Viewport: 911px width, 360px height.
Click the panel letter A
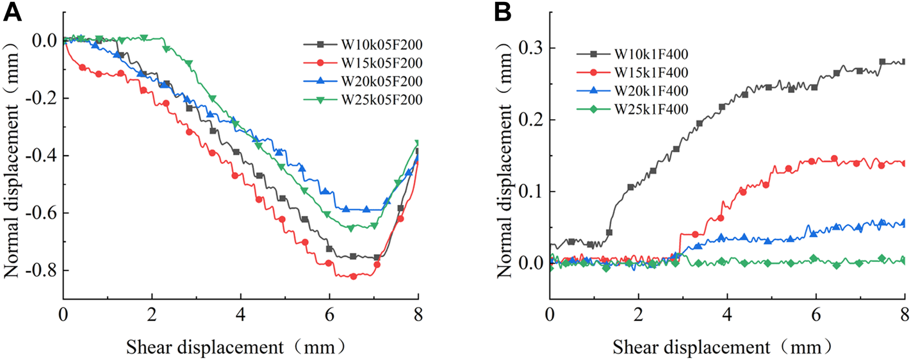pyautogui.click(x=13, y=13)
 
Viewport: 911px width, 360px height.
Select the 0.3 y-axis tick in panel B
pyautogui.click(x=531, y=49)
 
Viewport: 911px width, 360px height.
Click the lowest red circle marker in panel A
pyautogui.click(x=353, y=276)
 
